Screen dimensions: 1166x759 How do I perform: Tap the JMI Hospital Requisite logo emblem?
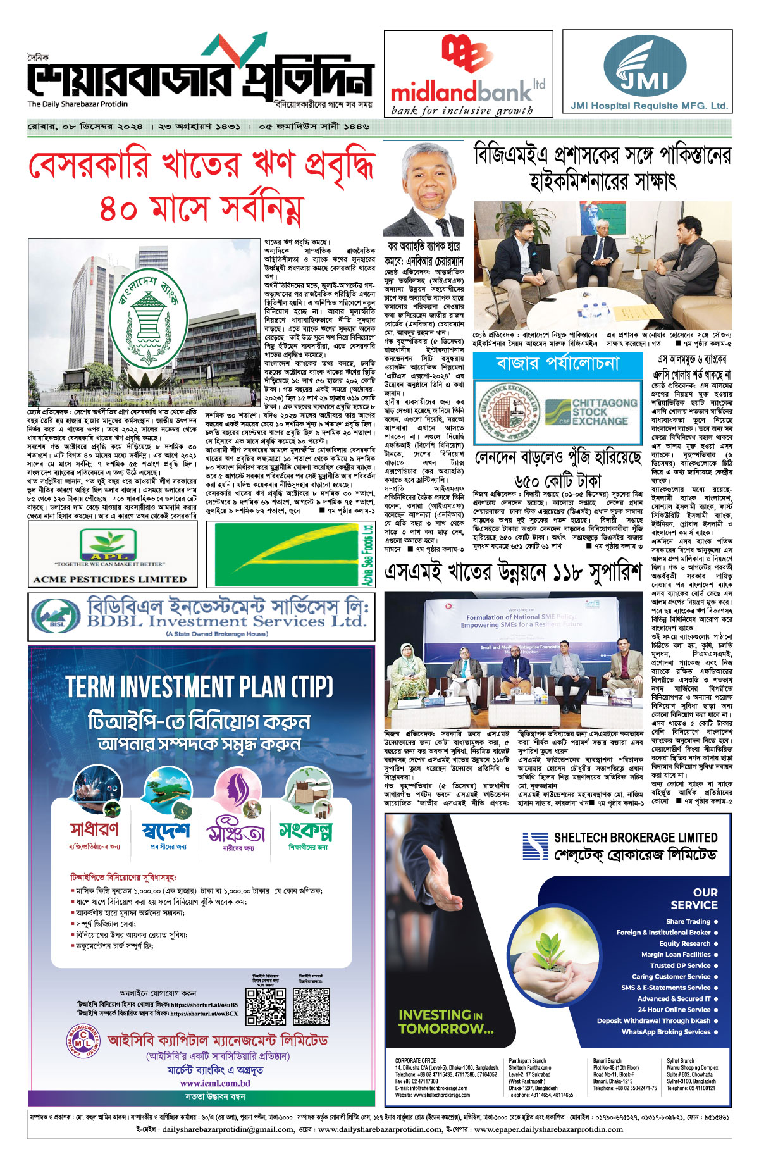tap(645, 65)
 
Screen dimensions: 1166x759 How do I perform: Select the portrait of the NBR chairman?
tap(423, 190)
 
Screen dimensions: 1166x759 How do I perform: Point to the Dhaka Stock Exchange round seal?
tap(505, 412)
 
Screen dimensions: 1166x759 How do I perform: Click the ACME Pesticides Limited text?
tap(110, 578)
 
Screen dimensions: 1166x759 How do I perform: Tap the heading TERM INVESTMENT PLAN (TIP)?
tap(199, 687)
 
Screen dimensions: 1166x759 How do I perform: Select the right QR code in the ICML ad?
tap(311, 1007)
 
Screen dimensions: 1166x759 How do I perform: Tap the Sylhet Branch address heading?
tap(681, 1061)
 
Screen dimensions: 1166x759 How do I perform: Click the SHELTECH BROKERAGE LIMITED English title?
tap(635, 838)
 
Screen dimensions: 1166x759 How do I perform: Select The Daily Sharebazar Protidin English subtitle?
tap(77, 104)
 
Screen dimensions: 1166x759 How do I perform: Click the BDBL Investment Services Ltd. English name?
tap(226, 621)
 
